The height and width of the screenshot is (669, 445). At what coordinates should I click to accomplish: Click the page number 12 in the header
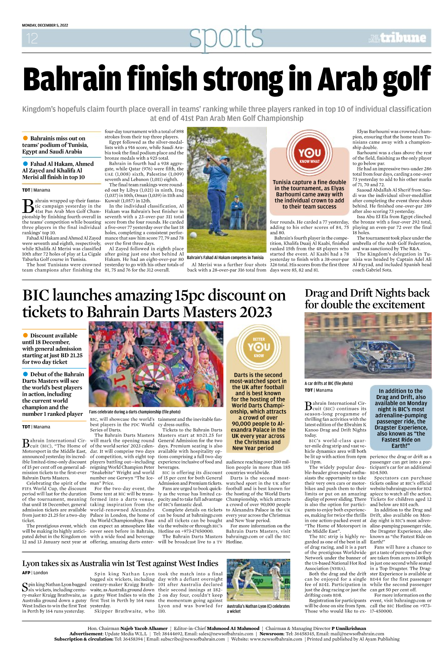32,38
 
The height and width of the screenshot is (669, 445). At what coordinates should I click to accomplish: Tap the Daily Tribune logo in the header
398,38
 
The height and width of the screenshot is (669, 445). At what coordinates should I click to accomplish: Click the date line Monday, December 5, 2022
45,25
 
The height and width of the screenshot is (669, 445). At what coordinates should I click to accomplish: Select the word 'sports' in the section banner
226,37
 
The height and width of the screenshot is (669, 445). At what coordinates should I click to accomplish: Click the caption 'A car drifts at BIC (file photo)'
328,383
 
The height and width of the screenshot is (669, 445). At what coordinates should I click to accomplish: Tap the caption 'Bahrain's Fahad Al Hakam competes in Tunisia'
225,258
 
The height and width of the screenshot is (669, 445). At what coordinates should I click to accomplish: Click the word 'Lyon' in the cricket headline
32,563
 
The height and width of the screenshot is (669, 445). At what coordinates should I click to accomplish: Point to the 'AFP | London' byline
35,573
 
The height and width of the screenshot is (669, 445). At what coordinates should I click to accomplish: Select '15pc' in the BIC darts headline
189,295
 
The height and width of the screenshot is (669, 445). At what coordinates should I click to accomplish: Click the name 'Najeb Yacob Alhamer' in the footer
144,628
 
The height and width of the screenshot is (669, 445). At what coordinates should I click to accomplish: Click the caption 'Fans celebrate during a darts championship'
135,412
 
